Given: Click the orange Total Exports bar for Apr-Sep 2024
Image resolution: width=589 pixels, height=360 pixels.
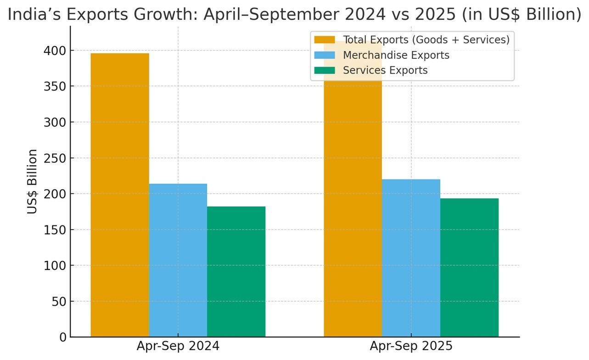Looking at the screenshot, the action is coord(120,195).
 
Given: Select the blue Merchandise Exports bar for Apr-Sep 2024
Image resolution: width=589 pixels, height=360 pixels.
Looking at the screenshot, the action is coord(178,260).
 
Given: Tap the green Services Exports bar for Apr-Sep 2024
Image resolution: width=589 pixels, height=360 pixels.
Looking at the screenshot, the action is coord(236,272).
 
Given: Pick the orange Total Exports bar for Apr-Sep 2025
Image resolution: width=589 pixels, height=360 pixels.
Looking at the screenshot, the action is coord(353,189).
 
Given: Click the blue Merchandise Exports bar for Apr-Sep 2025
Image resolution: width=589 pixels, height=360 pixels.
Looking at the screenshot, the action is coord(411,258).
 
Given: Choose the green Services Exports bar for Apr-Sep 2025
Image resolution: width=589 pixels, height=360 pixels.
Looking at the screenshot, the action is coord(469,268).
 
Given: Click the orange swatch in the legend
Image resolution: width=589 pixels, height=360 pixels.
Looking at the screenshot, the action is coord(325,39).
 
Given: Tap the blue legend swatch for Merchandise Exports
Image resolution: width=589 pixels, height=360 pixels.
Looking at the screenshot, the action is coord(325,55).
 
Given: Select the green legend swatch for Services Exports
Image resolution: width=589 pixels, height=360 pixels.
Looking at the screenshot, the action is coord(325,70).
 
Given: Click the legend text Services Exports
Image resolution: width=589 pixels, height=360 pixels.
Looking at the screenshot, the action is coord(385,70).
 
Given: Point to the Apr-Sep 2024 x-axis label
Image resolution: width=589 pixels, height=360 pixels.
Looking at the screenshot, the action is coord(178,346).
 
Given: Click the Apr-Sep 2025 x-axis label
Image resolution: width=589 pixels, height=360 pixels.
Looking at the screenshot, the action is coord(411,346).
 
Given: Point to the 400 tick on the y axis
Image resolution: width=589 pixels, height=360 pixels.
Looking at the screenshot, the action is coord(55,51).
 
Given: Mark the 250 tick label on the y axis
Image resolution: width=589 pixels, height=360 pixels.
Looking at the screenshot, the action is coord(55,158).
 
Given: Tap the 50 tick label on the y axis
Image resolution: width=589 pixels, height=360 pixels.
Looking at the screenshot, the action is coord(59,302).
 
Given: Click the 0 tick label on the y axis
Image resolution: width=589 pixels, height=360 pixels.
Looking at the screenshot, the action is coord(63,337).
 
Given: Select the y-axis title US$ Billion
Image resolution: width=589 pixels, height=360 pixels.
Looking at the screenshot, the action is coord(32,182).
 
